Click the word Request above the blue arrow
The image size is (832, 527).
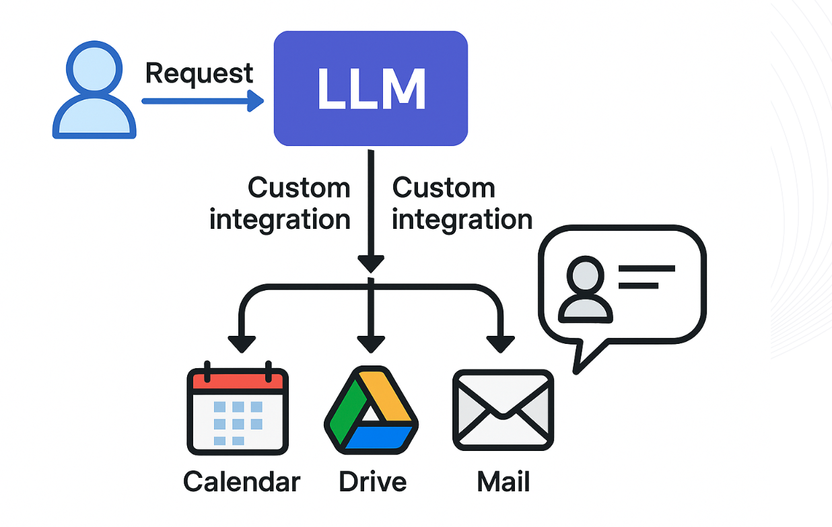(x=199, y=74)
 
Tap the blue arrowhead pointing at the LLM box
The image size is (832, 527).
(x=256, y=101)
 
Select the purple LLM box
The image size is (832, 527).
(x=371, y=88)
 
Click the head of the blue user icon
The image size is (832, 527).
(x=94, y=69)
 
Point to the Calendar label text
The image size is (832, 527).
(x=242, y=482)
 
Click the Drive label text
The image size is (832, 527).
(x=372, y=482)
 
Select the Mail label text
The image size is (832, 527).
(x=504, y=482)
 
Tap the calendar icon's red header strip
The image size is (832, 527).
(x=238, y=382)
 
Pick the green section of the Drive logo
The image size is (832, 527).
(x=348, y=411)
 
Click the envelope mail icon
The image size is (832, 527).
(x=503, y=410)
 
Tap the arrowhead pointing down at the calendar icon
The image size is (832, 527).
(x=242, y=344)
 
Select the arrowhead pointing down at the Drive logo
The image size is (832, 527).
(x=371, y=344)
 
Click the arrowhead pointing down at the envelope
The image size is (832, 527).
(x=500, y=344)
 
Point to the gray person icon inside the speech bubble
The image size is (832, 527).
(x=586, y=289)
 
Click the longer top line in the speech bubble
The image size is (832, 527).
(x=647, y=269)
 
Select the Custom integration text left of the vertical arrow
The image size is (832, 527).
(x=280, y=204)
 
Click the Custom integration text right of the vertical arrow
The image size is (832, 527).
(x=462, y=204)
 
